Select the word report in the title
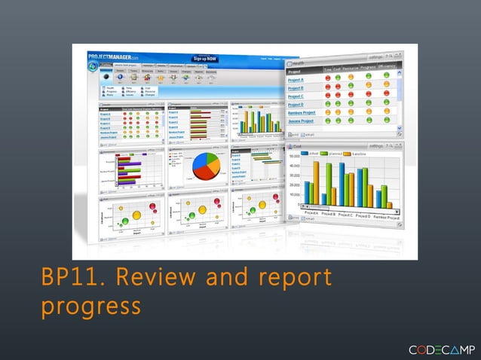(290, 279)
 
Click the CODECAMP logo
(440, 349)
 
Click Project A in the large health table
(296, 80)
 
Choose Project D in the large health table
(296, 105)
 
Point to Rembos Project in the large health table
(302, 113)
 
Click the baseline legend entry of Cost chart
(359, 154)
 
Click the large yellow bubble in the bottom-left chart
(137, 215)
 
